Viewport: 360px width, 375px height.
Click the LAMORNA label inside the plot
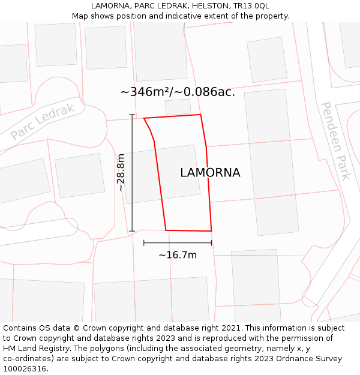pos(210,173)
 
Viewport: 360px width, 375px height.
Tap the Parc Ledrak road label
pos(43,121)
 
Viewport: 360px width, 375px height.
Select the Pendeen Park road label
pos(335,141)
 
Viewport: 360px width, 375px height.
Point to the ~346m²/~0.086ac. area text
pos(178,92)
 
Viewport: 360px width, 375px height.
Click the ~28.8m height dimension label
pos(121,172)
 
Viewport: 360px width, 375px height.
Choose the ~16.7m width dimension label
pos(178,255)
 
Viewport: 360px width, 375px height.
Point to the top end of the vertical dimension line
pos(132,115)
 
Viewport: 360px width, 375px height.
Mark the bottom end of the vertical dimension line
pos(132,231)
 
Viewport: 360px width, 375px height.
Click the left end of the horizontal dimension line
pos(144,243)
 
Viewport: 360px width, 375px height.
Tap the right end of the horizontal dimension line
pos(212,243)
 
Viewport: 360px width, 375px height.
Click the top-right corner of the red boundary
pos(200,115)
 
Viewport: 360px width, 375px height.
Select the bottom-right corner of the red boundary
pos(211,230)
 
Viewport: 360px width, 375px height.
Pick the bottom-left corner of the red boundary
pos(166,230)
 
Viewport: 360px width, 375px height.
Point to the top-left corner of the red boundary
pos(144,118)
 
